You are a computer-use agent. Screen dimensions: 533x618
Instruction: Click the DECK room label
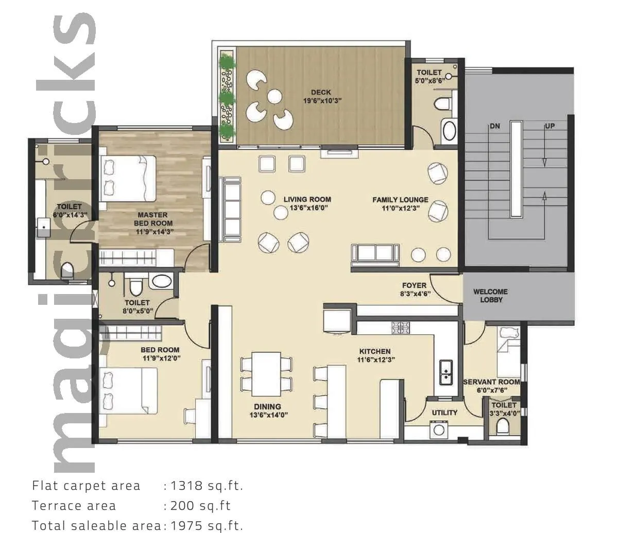point(321,93)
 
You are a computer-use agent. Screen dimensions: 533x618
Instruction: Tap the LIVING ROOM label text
point(307,199)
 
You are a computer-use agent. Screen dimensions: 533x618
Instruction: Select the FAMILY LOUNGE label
point(400,200)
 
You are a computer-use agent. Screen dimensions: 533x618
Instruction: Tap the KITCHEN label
point(374,352)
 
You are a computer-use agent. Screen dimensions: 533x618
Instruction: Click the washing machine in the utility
point(439,430)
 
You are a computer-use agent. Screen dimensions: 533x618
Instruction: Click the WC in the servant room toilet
point(503,425)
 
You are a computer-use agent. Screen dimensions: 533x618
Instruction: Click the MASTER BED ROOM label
point(153,219)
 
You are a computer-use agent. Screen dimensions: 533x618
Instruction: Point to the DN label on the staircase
point(494,126)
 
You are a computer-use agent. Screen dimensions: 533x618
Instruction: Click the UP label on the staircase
point(550,126)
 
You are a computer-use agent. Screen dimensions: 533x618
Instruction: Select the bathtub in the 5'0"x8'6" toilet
point(450,130)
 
